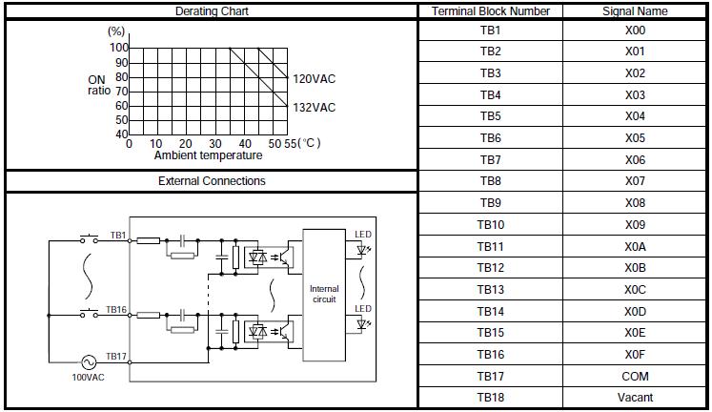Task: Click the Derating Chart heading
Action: coord(211,11)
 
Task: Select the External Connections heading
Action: coord(211,180)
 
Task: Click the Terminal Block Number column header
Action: coord(490,11)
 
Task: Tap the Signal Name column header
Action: coord(635,11)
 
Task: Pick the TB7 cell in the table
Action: coord(490,159)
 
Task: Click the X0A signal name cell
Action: coord(635,246)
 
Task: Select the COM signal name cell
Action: coord(635,376)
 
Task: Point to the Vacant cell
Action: coord(635,398)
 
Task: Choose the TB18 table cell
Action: coord(490,398)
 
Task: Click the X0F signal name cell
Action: coord(635,354)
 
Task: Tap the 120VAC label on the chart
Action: coord(314,79)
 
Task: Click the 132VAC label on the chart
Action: coord(314,108)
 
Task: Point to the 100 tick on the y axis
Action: coord(118,48)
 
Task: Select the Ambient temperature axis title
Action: coord(208,155)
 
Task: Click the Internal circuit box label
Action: coord(324,294)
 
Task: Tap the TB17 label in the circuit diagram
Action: coord(116,356)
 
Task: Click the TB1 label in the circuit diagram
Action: coord(116,234)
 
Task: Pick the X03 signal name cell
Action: coord(635,94)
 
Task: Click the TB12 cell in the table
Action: coord(490,268)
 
